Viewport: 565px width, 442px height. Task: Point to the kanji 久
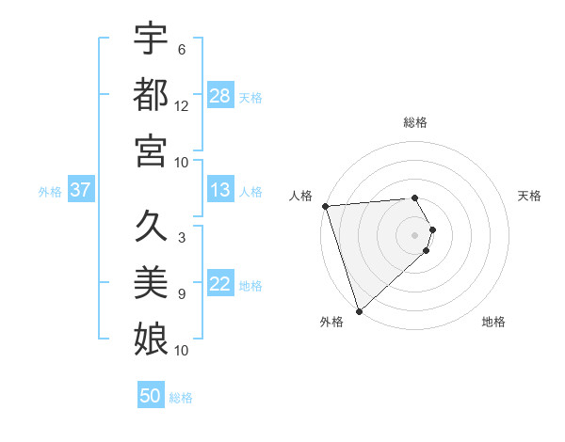pyautogui.click(x=151, y=227)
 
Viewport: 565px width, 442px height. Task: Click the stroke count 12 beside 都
pyautogui.click(x=182, y=106)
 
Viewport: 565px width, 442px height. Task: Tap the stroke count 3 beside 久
pyautogui.click(x=182, y=238)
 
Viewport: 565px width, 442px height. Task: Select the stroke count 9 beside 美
pyautogui.click(x=182, y=294)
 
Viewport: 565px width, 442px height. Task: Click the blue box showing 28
pyautogui.click(x=220, y=96)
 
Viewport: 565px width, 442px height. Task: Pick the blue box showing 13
pyautogui.click(x=220, y=190)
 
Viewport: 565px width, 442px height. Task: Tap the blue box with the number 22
pyautogui.click(x=220, y=285)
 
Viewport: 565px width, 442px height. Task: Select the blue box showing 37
pyautogui.click(x=80, y=190)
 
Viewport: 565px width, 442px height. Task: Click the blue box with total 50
pyautogui.click(x=151, y=396)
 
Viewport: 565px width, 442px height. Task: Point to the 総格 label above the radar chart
pyautogui.click(x=415, y=122)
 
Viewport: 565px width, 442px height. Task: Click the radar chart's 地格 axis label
pyautogui.click(x=493, y=322)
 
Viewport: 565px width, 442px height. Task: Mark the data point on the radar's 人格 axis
pyautogui.click(x=325, y=205)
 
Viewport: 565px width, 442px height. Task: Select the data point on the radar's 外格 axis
pyautogui.click(x=359, y=310)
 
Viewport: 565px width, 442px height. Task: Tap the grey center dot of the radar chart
pyautogui.click(x=415, y=234)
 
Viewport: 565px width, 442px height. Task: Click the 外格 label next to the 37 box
pyautogui.click(x=50, y=191)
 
